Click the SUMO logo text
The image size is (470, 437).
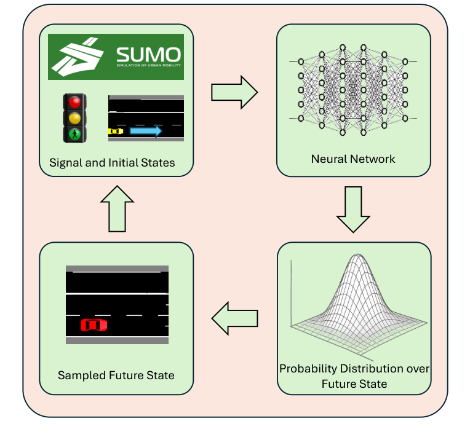click(149, 53)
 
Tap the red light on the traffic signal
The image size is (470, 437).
click(75, 102)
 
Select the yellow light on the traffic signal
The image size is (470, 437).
click(75, 118)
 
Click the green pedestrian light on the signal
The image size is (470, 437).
click(75, 133)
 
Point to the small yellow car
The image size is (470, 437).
click(116, 132)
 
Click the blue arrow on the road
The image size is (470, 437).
click(146, 131)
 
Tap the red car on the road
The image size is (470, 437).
click(94, 325)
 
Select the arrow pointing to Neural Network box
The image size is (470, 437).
click(234, 92)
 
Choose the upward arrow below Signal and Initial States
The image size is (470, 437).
click(116, 208)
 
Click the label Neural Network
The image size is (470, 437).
click(353, 159)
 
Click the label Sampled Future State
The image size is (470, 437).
click(116, 375)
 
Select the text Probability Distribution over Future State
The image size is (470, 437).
click(354, 376)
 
